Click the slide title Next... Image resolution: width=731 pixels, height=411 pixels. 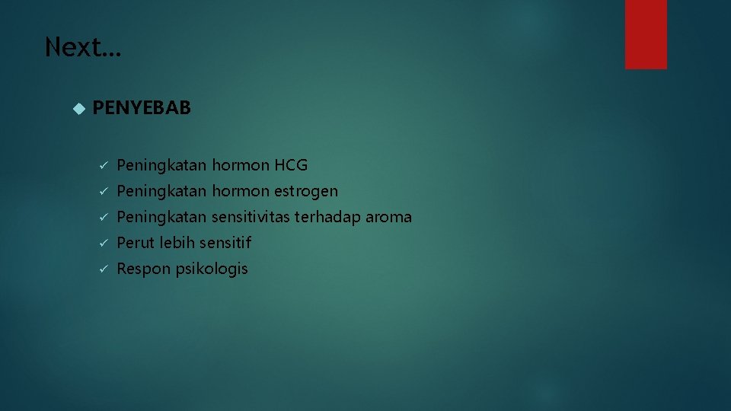click(x=82, y=47)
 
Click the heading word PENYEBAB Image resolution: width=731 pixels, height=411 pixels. click(x=142, y=108)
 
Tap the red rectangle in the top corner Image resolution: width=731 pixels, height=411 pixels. click(x=646, y=34)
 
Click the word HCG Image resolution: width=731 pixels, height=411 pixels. click(x=291, y=165)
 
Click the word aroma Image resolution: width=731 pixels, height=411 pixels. click(x=388, y=217)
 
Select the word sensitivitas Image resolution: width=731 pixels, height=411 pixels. click(x=251, y=217)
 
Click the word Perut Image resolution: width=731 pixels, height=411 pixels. click(x=136, y=243)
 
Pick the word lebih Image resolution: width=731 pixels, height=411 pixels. click(x=177, y=243)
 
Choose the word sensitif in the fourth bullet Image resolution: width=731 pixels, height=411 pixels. click(x=225, y=243)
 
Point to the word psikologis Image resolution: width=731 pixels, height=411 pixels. click(x=212, y=269)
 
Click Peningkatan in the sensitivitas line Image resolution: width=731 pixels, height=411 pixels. click(x=161, y=217)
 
